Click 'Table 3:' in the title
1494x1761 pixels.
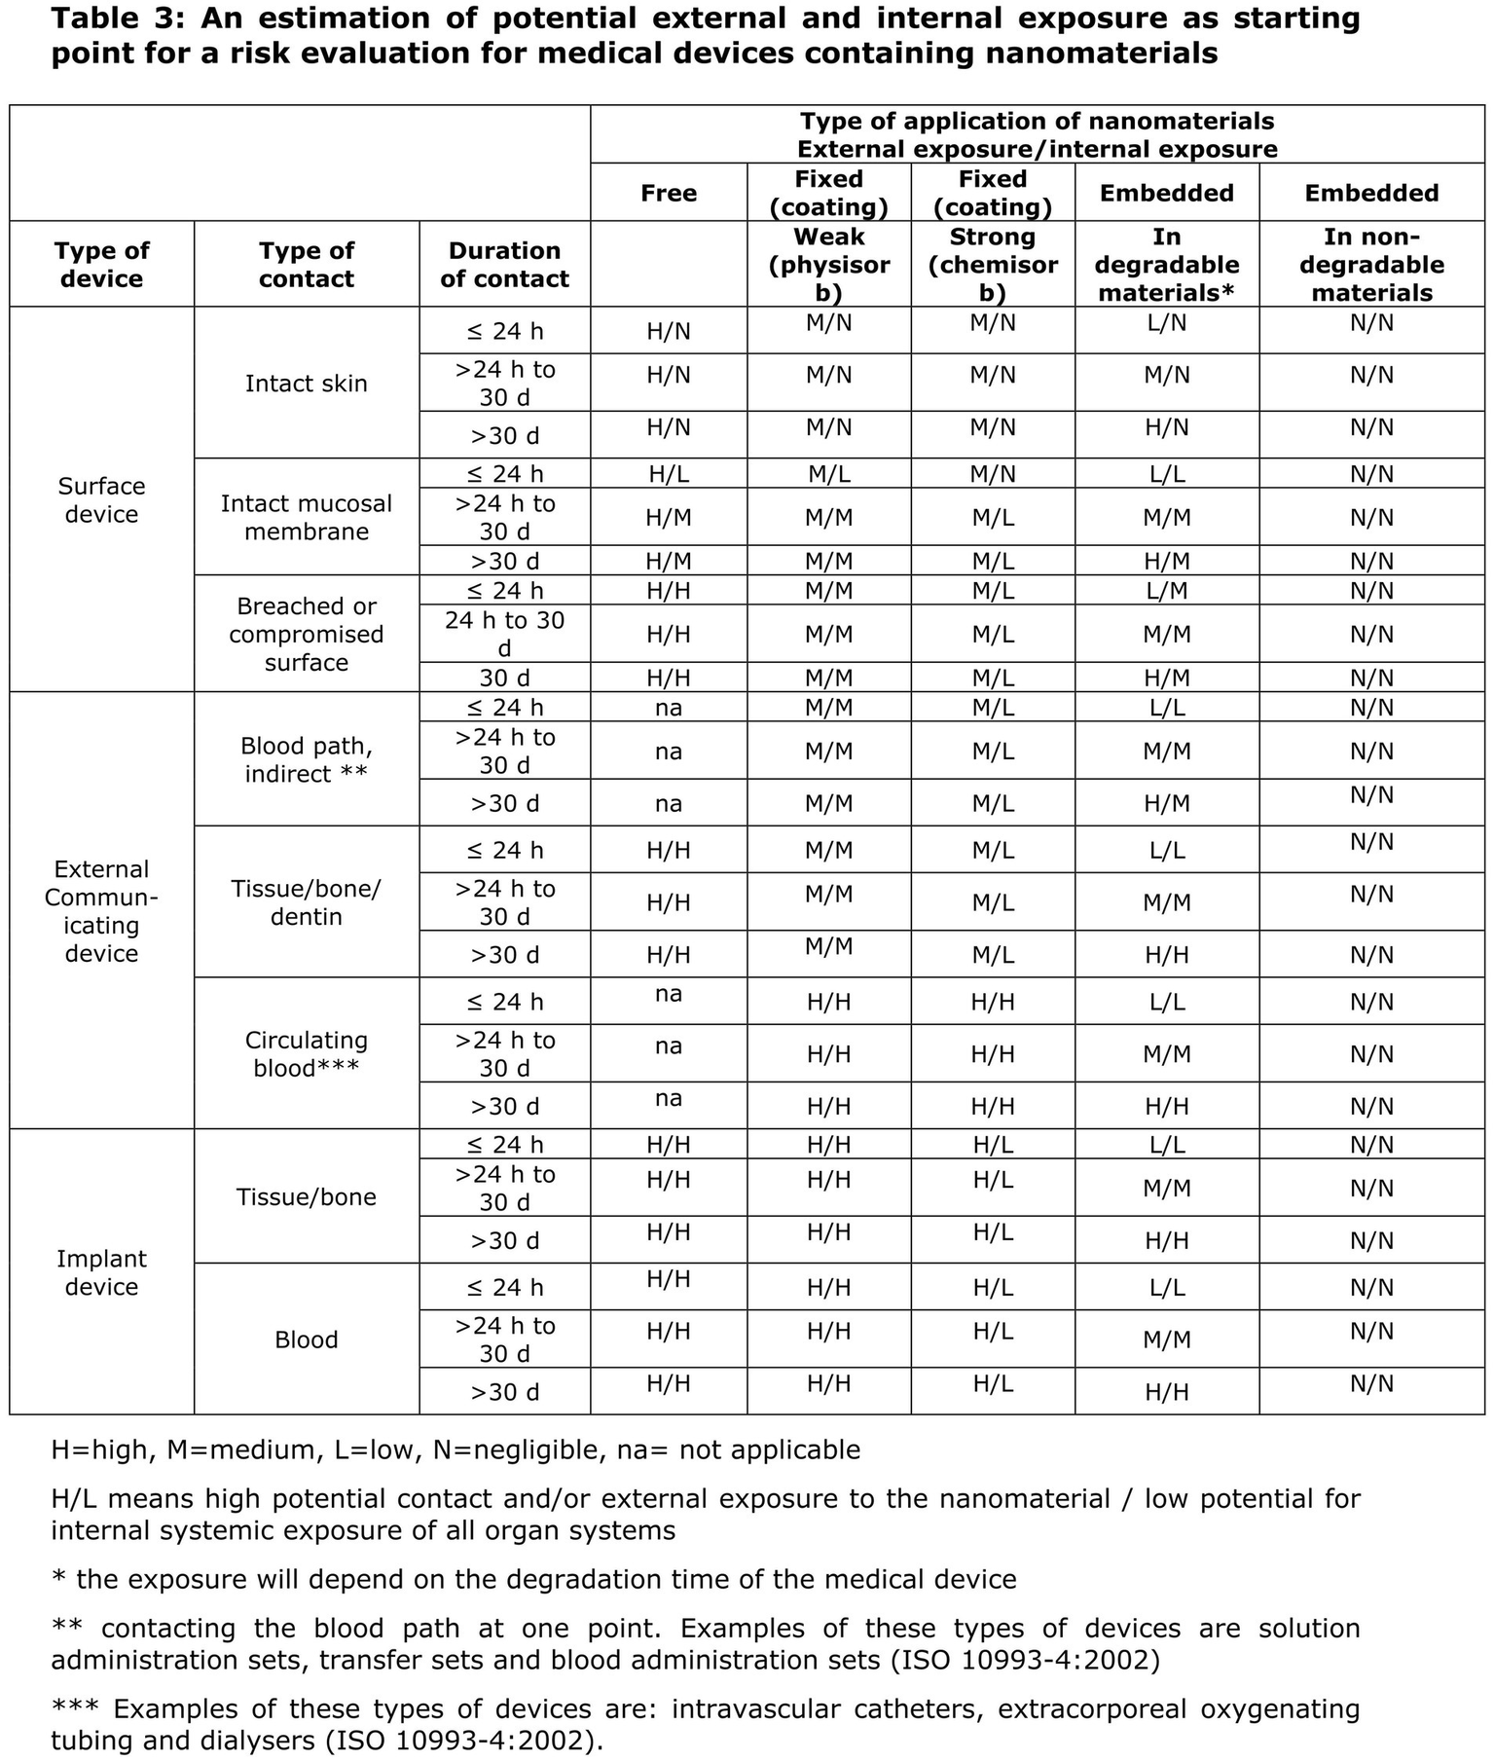pyautogui.click(x=118, y=18)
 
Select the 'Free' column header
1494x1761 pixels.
pyautogui.click(x=669, y=193)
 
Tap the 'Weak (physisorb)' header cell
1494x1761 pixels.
pyautogui.click(x=828, y=265)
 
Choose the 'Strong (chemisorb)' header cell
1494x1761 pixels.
pyautogui.click(x=993, y=265)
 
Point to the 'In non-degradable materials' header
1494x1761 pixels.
pyautogui.click(x=1371, y=265)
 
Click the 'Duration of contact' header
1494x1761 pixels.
pyautogui.click(x=504, y=265)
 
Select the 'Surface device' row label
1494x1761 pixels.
pyautogui.click(x=101, y=499)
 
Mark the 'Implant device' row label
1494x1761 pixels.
pyautogui.click(x=101, y=1272)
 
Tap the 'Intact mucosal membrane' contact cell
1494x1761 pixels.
pyautogui.click(x=306, y=517)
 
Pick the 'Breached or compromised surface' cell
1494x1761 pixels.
pyautogui.click(x=306, y=634)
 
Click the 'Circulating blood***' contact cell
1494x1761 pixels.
pyautogui.click(x=306, y=1053)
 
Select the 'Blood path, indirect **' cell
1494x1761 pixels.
pyautogui.click(x=306, y=759)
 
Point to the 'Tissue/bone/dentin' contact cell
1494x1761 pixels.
pyautogui.click(x=306, y=902)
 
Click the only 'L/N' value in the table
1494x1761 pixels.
pyautogui.click(x=1167, y=323)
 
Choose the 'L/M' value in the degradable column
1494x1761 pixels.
pyautogui.click(x=1167, y=591)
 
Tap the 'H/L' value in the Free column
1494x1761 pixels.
pyautogui.click(x=669, y=474)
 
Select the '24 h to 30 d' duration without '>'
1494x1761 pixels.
pyautogui.click(x=504, y=634)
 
